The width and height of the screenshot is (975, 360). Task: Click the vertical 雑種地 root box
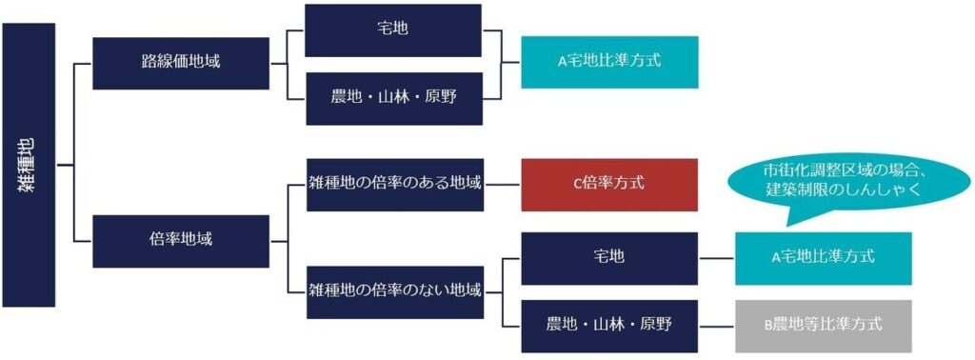coord(30,165)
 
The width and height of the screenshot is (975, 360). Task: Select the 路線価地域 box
coord(181,63)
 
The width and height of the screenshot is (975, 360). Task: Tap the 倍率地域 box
coord(181,239)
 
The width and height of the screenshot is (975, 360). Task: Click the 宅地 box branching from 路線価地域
coord(393,30)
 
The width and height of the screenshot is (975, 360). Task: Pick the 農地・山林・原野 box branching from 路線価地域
coord(393,98)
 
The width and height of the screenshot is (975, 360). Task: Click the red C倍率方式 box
coord(608,183)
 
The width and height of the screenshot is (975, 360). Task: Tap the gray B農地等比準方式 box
coord(823,325)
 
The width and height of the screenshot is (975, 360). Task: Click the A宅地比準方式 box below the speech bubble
coord(823,257)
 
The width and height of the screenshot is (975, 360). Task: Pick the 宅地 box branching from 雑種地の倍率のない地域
coord(608,257)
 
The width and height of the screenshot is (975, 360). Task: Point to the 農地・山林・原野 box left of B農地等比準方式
coord(608,325)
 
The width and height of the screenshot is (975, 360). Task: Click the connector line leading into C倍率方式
coord(503,183)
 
